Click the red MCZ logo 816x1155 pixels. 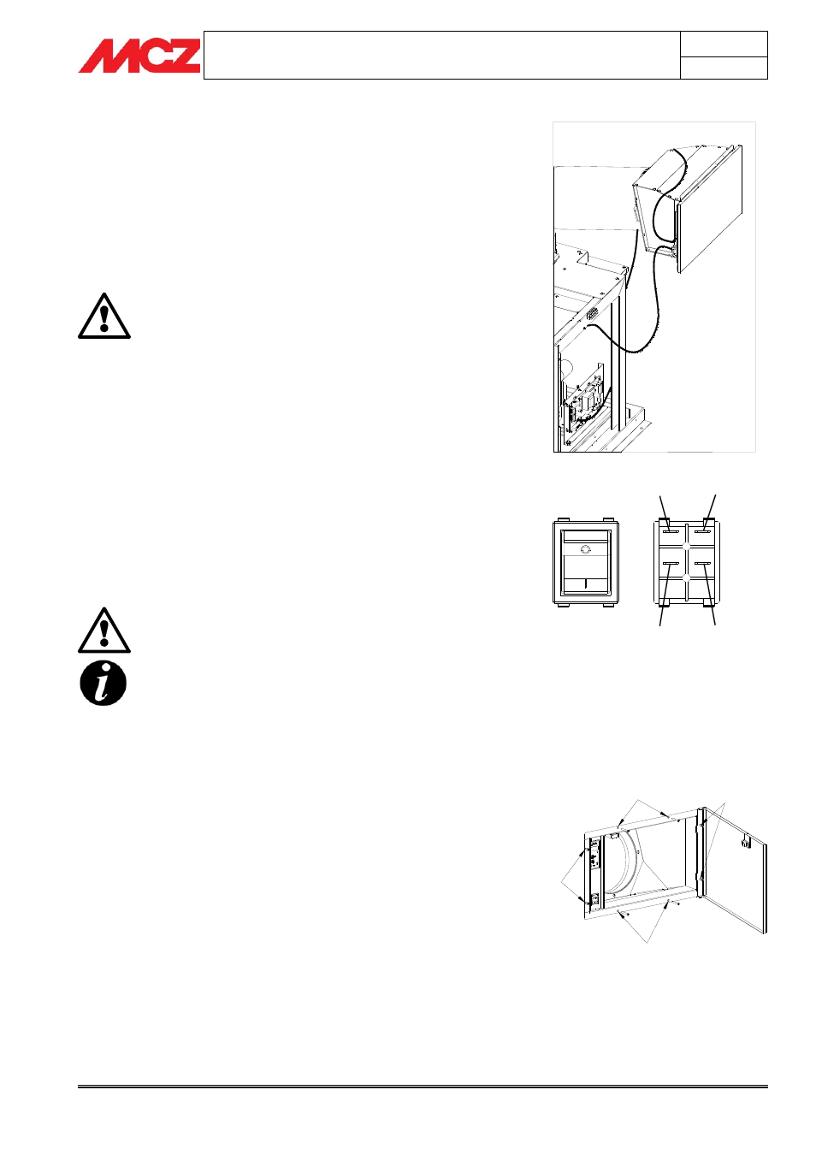tap(139, 56)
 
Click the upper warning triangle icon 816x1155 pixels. tap(104, 316)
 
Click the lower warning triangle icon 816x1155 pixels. tap(104, 630)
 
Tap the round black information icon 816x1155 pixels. tap(103, 684)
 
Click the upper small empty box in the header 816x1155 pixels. tap(724, 44)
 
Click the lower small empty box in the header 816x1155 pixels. tap(724, 68)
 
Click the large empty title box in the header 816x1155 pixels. tap(441, 55)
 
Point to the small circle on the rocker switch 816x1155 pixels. tap(585, 548)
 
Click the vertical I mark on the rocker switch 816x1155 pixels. tap(586, 583)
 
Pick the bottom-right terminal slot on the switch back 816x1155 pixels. tap(702, 564)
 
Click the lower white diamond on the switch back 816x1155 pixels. tap(687, 577)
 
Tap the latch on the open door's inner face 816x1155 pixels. tap(745, 841)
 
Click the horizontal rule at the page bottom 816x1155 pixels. tap(423, 1087)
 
